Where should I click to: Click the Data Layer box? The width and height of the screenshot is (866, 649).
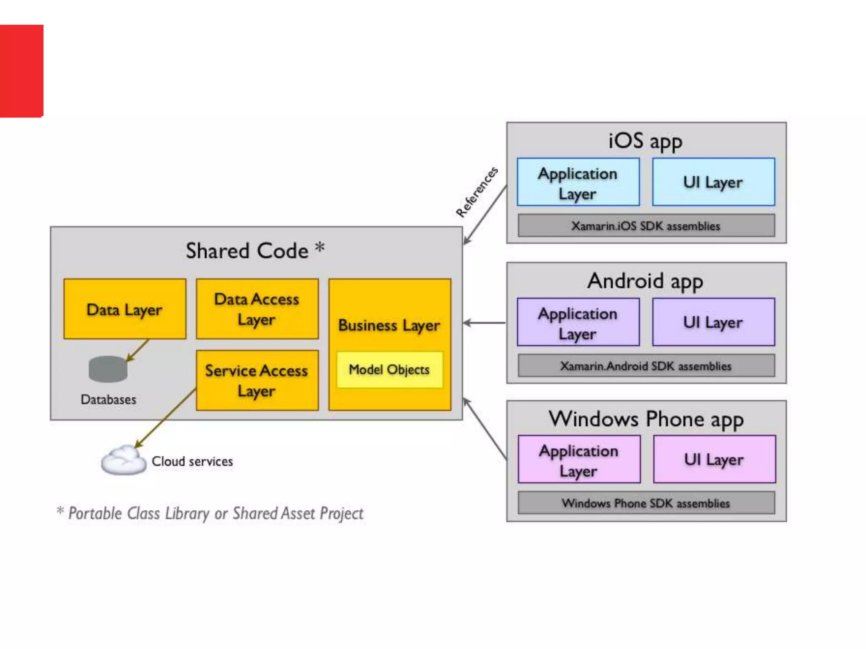[125, 309]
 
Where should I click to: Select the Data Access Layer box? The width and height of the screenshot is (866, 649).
[257, 309]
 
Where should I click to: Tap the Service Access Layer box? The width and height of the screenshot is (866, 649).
[257, 380]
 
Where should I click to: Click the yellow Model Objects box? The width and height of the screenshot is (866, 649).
[389, 370]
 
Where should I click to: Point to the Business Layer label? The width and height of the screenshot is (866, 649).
[389, 325]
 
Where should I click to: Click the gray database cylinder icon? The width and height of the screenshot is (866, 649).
[108, 369]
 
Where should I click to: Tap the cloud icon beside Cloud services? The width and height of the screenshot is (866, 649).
[123, 461]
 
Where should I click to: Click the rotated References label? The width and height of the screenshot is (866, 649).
[477, 192]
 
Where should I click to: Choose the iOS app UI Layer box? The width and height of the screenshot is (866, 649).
[713, 182]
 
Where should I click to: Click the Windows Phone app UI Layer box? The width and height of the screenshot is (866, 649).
[714, 459]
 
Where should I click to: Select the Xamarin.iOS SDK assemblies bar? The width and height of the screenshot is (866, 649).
[646, 226]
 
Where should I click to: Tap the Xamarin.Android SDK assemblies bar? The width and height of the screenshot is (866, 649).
[646, 366]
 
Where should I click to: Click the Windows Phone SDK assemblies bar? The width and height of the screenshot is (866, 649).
[646, 503]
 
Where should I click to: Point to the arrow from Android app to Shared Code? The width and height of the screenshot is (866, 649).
[484, 323]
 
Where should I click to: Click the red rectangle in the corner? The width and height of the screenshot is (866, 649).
[21, 71]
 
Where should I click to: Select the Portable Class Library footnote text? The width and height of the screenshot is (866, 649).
[210, 513]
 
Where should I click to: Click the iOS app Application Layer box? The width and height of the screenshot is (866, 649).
[578, 182]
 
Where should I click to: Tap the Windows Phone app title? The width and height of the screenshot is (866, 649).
[646, 419]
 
